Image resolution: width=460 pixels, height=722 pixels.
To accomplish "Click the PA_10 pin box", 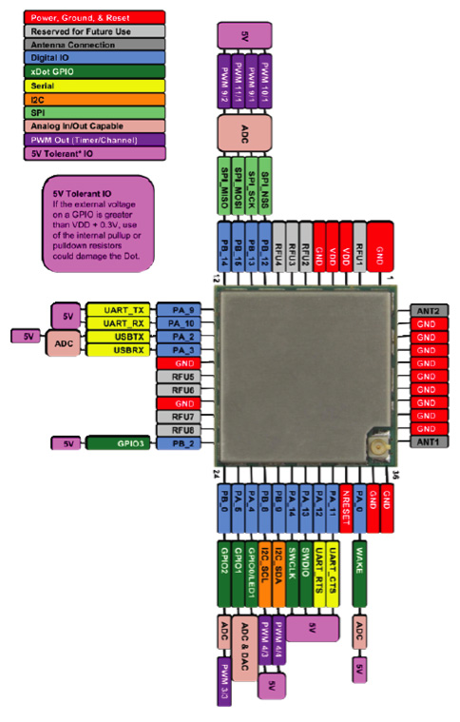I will tap(177, 323).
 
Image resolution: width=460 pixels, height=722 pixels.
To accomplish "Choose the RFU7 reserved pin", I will tap(182, 417).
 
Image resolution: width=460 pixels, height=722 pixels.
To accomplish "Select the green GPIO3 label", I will tap(114, 443).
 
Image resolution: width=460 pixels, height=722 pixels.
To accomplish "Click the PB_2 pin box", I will tap(177, 443).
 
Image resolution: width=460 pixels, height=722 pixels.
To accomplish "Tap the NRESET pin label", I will tap(346, 504).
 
